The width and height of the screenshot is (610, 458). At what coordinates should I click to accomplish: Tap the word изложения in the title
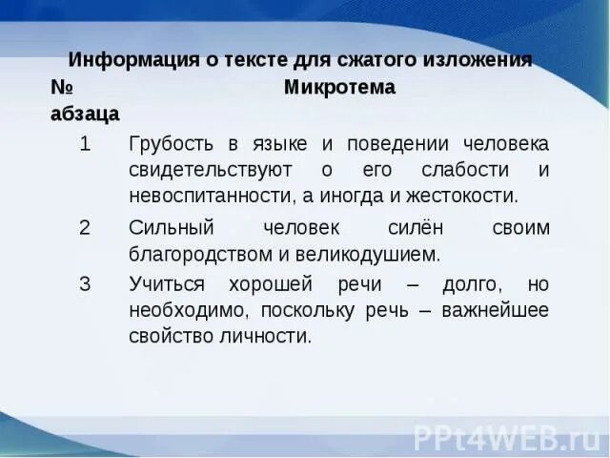coord(476,59)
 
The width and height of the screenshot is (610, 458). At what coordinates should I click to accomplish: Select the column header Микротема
coord(339,87)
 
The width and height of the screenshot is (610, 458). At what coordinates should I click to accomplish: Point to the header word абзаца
coord(85,114)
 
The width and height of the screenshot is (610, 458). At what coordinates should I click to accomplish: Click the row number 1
coord(85,144)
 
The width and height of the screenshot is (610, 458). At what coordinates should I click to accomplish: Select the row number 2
coord(85,228)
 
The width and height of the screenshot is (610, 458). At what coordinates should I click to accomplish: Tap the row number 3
coord(85,285)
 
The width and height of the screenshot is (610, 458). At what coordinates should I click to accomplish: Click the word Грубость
coord(171,144)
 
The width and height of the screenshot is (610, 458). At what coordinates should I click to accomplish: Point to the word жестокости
coord(463,197)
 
